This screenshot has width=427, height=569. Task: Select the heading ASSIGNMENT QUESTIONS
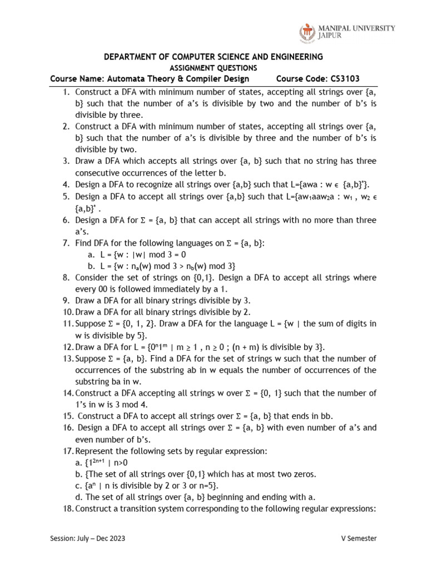[x=213, y=68]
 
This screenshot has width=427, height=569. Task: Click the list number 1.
[x=66, y=92]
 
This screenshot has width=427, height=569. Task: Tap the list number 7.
[x=66, y=243]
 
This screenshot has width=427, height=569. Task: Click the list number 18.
[x=67, y=508]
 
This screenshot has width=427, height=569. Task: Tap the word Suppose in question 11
[x=91, y=323]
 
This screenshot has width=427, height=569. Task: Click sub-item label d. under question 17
[x=78, y=497]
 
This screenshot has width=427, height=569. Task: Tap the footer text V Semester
[x=359, y=538]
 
